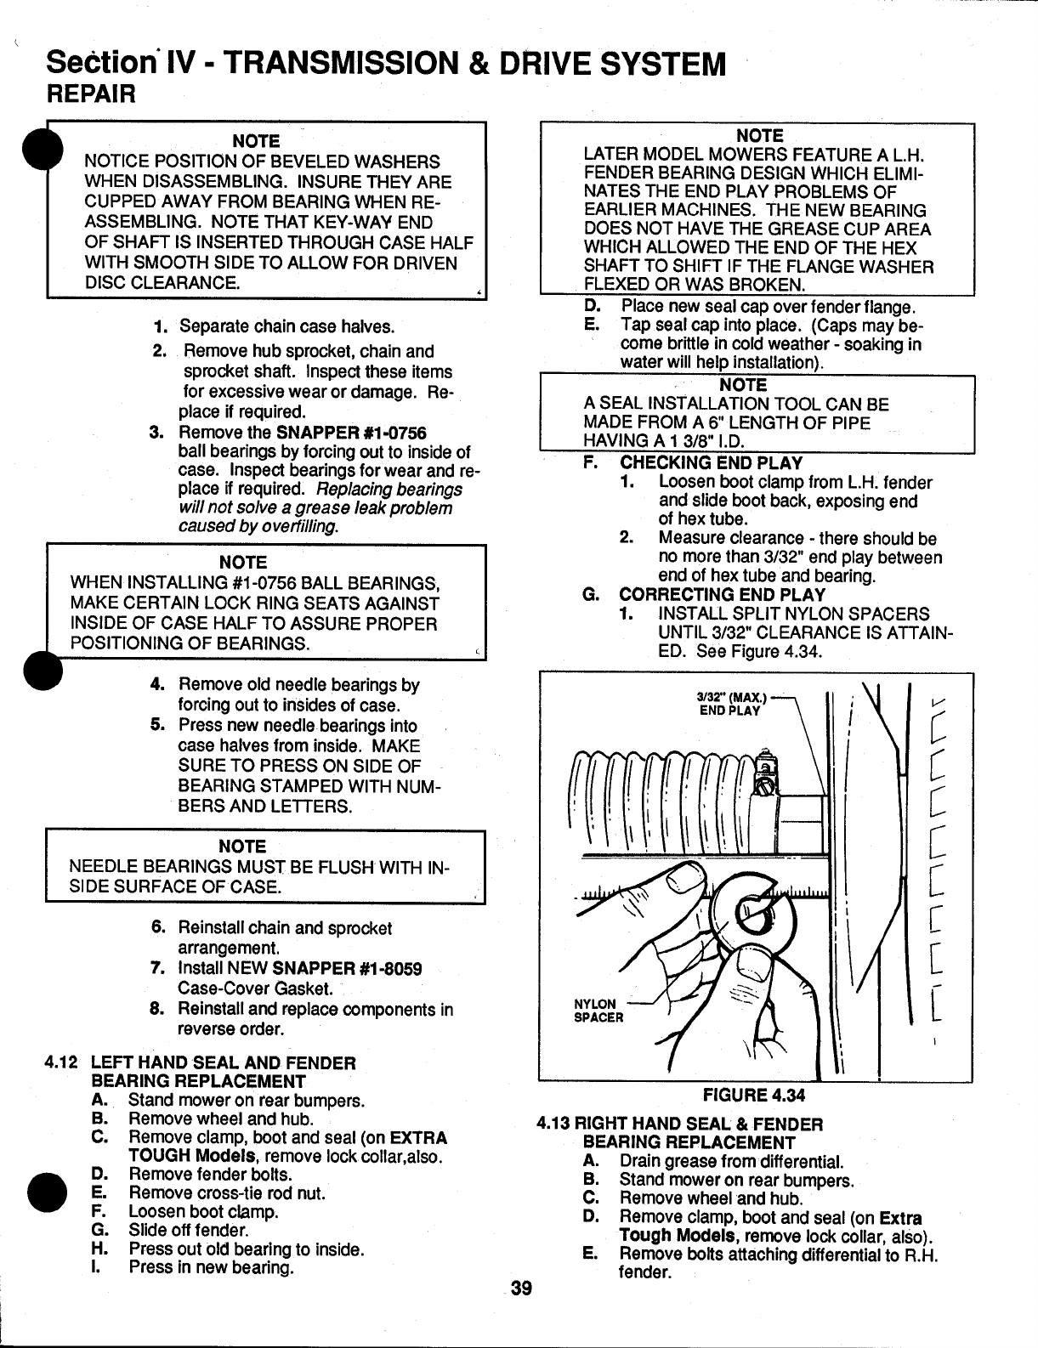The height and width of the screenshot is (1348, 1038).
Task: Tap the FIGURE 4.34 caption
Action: [753, 1094]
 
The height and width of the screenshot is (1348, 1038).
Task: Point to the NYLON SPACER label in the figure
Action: [599, 1011]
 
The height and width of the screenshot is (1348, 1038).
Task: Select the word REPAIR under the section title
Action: [92, 93]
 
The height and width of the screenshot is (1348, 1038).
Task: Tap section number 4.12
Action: [62, 1062]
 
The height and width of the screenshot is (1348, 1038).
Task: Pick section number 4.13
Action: [553, 1124]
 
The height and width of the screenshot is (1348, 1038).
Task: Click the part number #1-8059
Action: [389, 969]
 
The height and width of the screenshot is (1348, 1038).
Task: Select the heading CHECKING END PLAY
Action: [711, 463]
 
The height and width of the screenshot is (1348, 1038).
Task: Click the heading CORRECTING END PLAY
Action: [722, 594]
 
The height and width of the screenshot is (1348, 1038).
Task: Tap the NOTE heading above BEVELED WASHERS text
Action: [257, 140]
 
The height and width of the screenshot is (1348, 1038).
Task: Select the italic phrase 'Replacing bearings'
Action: [389, 490]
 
